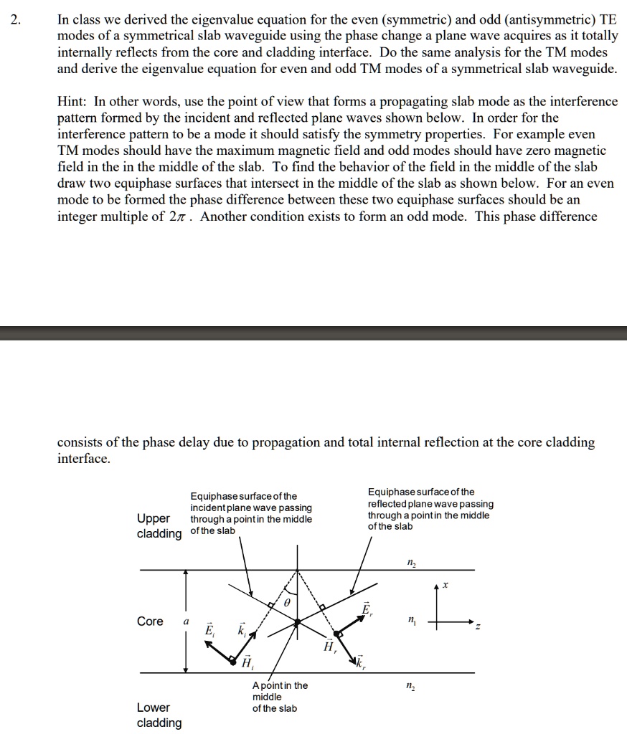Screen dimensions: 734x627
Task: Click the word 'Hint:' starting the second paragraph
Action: (72, 102)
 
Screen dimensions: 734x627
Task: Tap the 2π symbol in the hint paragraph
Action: (180, 216)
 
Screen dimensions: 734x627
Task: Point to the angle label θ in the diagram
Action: (287, 604)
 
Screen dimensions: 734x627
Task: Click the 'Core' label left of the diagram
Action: (150, 621)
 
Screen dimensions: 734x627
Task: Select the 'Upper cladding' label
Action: (159, 525)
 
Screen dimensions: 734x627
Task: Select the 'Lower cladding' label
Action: (159, 715)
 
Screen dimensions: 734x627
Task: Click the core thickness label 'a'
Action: (186, 622)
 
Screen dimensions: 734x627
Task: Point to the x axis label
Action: (444, 586)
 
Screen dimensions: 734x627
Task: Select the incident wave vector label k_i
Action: (242, 629)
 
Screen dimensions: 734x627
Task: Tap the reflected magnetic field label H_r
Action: (329, 647)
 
